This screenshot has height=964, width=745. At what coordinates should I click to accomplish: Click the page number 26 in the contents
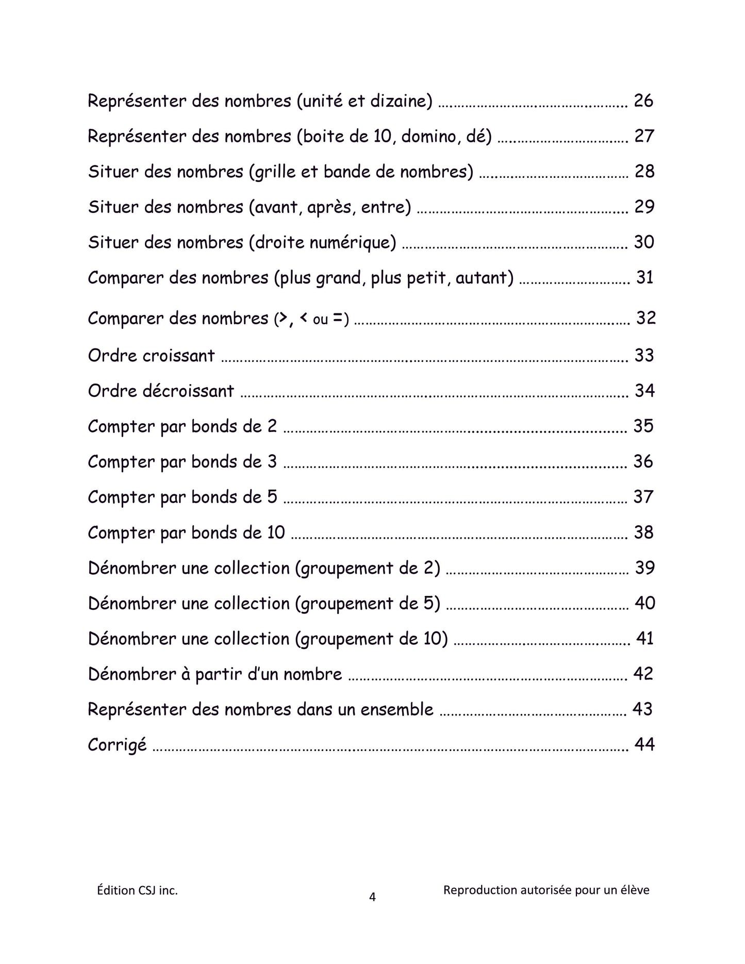[x=643, y=101]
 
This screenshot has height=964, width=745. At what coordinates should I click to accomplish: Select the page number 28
[x=644, y=171]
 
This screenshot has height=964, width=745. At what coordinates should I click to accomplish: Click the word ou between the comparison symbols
[x=320, y=320]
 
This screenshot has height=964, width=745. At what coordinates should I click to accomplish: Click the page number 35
[x=643, y=426]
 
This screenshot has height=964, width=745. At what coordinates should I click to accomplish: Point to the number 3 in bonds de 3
[x=272, y=461]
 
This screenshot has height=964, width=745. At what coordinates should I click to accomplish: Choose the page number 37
[x=643, y=497]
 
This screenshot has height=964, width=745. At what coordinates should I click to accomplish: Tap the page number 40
[x=644, y=603]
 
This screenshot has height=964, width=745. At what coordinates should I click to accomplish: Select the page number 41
[x=645, y=639]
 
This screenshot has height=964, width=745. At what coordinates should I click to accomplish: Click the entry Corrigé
[x=117, y=745]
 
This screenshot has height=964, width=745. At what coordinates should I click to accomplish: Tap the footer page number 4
[x=372, y=897]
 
